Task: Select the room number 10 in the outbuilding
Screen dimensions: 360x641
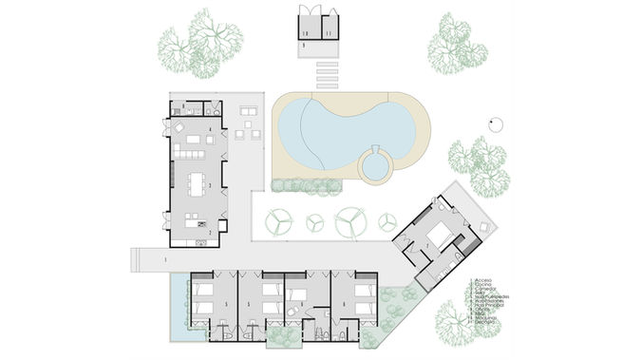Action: [306, 33]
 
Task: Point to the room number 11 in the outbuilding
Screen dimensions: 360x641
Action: [328, 33]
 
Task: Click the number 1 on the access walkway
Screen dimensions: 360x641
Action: [164, 259]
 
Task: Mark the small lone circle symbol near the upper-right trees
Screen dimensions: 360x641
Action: [495, 122]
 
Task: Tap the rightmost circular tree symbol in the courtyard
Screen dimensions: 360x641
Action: [387, 221]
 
